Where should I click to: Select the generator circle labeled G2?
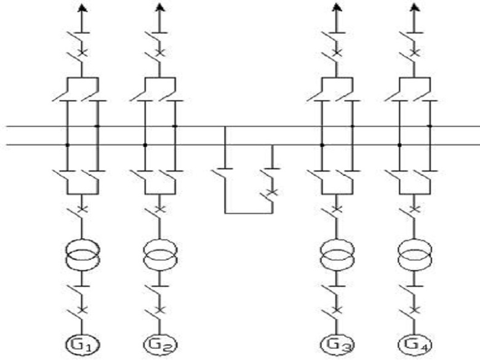click(159, 343)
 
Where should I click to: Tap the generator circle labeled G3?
click(336, 343)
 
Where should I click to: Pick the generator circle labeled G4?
click(414, 343)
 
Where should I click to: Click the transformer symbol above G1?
click(82, 255)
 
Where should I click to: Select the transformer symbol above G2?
click(159, 255)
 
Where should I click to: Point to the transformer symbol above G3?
click(337, 255)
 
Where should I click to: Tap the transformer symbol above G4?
click(414, 255)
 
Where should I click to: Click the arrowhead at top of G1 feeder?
click(82, 7)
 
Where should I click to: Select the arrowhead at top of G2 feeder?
click(159, 7)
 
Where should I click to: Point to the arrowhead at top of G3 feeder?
click(337, 7)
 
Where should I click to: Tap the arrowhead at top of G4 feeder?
click(414, 7)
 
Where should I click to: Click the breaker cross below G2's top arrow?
click(159, 52)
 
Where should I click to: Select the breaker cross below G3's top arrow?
click(337, 52)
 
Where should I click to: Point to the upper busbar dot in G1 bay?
click(97, 126)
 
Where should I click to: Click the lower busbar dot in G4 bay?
click(399, 145)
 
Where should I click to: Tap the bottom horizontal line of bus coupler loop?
click(249, 213)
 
